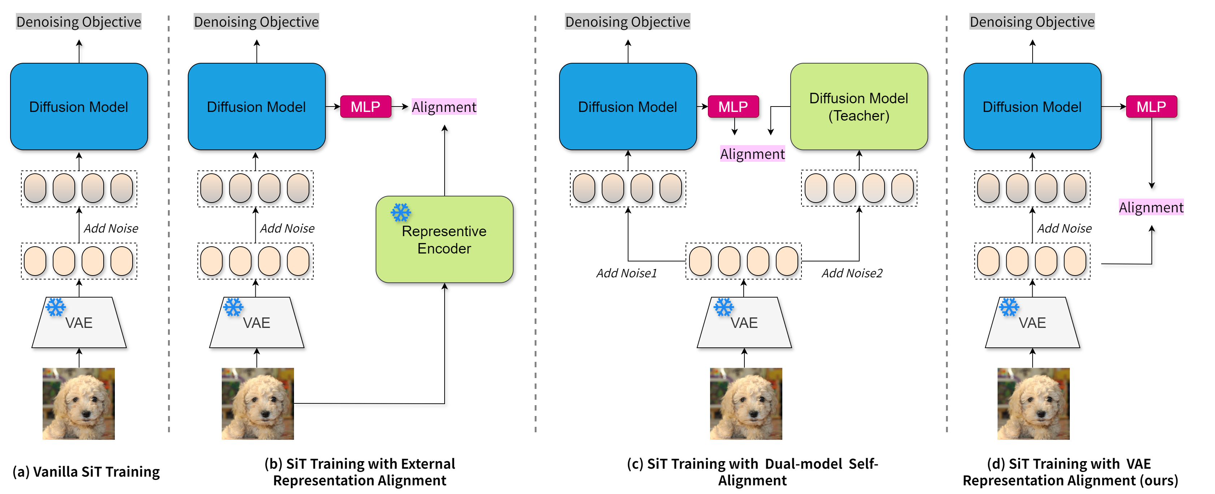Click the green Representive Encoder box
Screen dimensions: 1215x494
444,239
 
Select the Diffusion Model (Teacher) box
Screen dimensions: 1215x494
859,107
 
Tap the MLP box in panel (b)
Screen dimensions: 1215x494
366,107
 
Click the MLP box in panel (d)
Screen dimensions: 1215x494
1151,107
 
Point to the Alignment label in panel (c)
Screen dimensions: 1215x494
752,154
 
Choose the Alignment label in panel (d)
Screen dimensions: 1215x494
1151,207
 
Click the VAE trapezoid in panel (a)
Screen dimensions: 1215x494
79,322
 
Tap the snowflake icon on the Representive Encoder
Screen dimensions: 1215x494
401,213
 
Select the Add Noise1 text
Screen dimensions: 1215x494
626,273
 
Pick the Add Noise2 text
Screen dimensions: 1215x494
852,273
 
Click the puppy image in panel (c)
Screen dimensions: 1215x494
746,403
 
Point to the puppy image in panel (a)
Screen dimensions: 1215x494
79,403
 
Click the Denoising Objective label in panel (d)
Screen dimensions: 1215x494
1032,22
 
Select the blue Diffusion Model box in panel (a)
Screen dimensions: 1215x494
79,107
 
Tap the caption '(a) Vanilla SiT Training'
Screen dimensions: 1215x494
86,471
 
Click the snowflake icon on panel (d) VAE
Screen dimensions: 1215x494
1009,307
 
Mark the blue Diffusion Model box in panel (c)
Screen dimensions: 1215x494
628,107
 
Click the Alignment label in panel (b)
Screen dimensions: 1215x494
444,107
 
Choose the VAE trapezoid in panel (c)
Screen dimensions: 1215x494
744,322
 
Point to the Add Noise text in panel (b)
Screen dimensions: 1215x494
287,229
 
